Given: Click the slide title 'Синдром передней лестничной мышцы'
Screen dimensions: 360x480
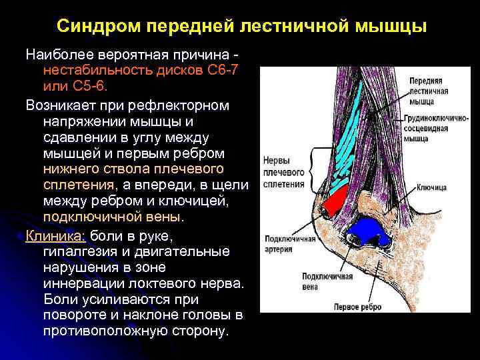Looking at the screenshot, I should pos(241,27).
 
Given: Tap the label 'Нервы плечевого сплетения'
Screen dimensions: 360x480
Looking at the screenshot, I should pos(284,173).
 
